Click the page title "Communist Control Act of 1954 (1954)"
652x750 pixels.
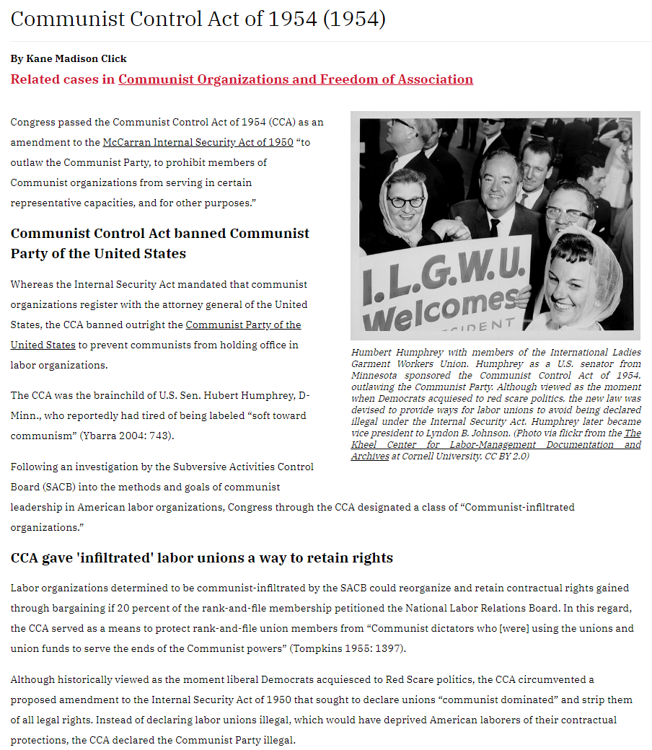[198, 19]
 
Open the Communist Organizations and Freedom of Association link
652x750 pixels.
[296, 79]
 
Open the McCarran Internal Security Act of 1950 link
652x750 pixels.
[198, 142]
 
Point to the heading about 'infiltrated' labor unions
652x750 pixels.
[201, 558]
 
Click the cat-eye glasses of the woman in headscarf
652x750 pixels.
[405, 201]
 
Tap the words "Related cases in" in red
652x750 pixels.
[63, 79]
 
